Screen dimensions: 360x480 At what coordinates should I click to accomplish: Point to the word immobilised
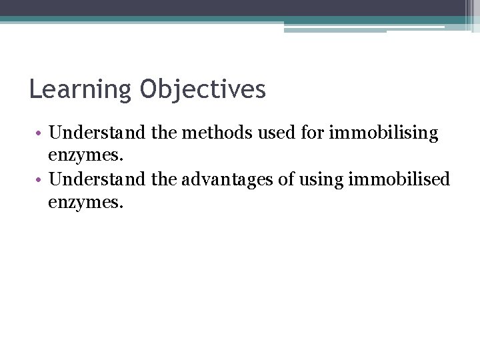coord(409,179)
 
